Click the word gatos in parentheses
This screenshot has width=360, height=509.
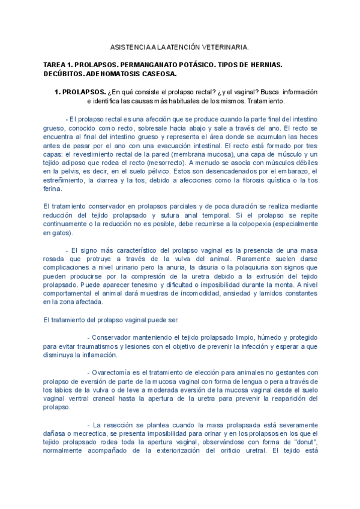(x=59, y=233)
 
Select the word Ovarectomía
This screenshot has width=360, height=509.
(x=115, y=372)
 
